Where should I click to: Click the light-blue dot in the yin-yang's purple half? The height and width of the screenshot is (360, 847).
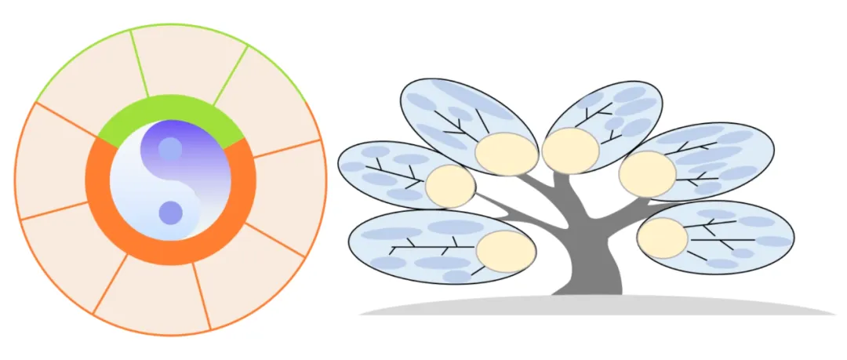tap(170, 148)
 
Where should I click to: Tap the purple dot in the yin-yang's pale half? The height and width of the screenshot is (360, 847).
tap(170, 213)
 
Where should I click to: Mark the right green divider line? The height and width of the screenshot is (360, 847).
tap(231, 75)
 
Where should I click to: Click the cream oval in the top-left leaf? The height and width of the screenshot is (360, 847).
tap(507, 154)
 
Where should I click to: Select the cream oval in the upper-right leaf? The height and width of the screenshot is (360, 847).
tap(647, 173)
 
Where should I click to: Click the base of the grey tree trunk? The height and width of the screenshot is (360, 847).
tap(588, 282)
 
